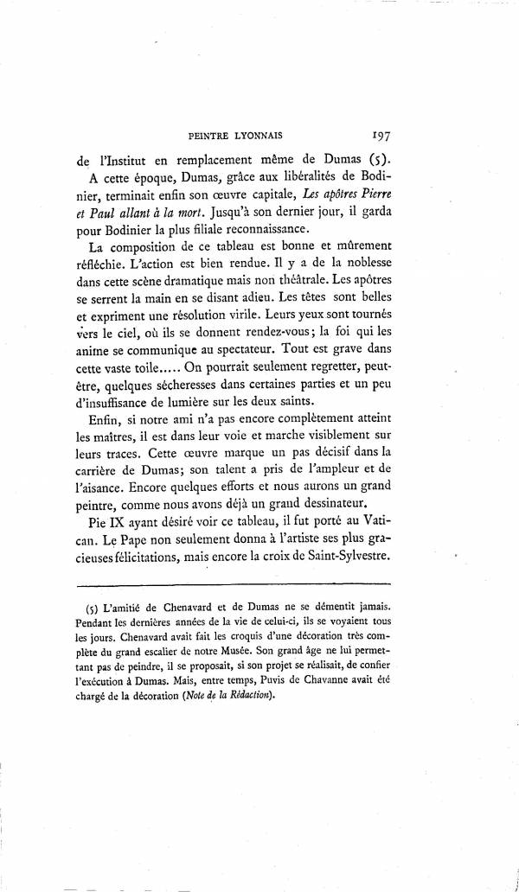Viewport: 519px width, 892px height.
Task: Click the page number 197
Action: coord(381,135)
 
